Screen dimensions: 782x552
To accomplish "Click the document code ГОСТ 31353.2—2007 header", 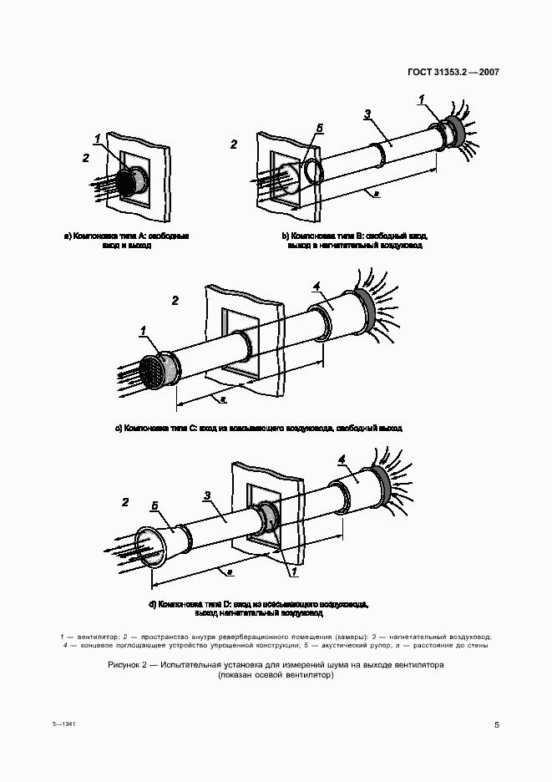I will [453, 72].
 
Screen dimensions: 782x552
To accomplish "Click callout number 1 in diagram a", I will [98, 138].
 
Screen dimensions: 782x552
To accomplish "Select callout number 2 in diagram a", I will [85, 157].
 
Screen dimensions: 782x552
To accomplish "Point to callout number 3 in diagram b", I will [367, 114].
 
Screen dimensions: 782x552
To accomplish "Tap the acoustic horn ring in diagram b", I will [315, 172].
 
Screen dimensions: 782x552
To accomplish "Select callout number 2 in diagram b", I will [234, 145].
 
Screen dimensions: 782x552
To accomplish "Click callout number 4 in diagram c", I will [316, 287].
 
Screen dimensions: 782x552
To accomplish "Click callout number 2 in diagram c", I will [175, 300].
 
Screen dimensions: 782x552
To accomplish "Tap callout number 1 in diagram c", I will [143, 331].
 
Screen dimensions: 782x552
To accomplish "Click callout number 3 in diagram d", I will [206, 495].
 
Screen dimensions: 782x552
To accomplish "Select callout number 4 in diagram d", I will [342, 459].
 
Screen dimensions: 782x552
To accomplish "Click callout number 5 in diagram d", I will [154, 506].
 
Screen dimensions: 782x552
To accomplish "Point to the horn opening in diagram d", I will [150, 547].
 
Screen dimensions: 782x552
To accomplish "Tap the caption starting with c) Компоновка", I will [258, 428].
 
